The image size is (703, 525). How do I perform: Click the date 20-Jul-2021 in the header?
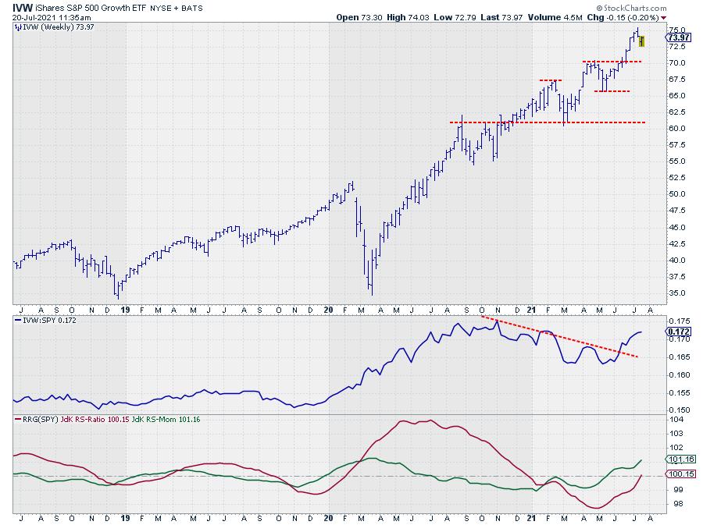click(41, 16)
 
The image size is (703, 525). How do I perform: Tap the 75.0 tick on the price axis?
click(678, 30)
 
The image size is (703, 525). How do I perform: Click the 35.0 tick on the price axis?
click(678, 293)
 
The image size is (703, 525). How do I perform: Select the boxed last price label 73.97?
click(679, 37)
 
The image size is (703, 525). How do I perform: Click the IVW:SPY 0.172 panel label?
click(48, 321)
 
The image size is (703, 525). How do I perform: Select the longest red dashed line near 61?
click(547, 122)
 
